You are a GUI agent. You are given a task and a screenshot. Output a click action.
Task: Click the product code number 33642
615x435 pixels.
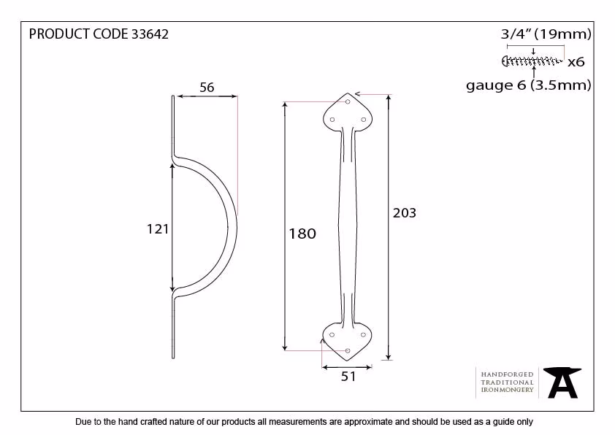150,34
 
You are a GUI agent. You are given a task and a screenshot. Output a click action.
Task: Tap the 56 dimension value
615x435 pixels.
207,88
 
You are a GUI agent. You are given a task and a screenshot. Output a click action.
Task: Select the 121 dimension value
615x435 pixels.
158,229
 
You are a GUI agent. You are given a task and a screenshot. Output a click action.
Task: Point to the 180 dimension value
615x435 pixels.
302,234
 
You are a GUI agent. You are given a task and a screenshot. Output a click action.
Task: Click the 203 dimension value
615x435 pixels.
405,213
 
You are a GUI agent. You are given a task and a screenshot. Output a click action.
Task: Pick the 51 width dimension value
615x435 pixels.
348,376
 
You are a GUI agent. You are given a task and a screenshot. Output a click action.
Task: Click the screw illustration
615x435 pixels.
532,61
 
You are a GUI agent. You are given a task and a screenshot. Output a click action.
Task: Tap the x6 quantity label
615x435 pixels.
576,62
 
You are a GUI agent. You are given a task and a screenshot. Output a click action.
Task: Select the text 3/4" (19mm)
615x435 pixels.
546,34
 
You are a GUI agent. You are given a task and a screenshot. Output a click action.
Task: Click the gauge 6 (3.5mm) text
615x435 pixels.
529,85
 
